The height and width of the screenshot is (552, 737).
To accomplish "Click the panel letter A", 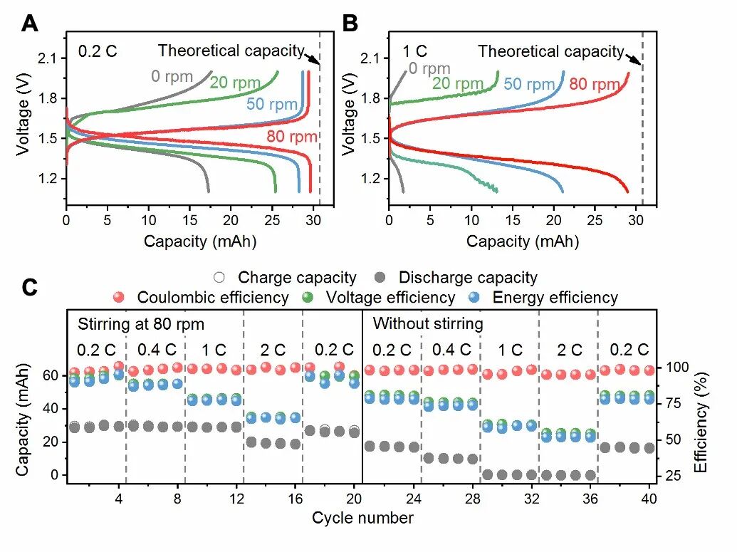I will click(x=29, y=24).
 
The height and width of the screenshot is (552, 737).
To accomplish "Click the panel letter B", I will click(x=350, y=24).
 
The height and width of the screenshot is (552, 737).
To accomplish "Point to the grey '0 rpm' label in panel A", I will click(x=172, y=76).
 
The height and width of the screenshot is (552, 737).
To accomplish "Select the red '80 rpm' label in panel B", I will click(x=595, y=85).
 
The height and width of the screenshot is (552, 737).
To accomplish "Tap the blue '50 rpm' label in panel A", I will click(x=271, y=104).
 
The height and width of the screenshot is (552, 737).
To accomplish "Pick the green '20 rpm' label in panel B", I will click(x=458, y=84).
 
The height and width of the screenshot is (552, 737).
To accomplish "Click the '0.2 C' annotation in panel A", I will click(x=98, y=51).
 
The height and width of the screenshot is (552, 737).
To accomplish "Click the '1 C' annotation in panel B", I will click(x=415, y=51).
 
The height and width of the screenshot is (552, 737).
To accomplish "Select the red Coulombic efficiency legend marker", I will click(x=120, y=297).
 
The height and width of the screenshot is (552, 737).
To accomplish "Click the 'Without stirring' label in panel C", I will click(x=428, y=324).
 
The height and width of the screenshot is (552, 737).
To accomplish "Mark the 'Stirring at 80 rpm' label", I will click(x=140, y=324).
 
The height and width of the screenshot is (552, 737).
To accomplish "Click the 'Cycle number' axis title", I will click(x=362, y=518).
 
